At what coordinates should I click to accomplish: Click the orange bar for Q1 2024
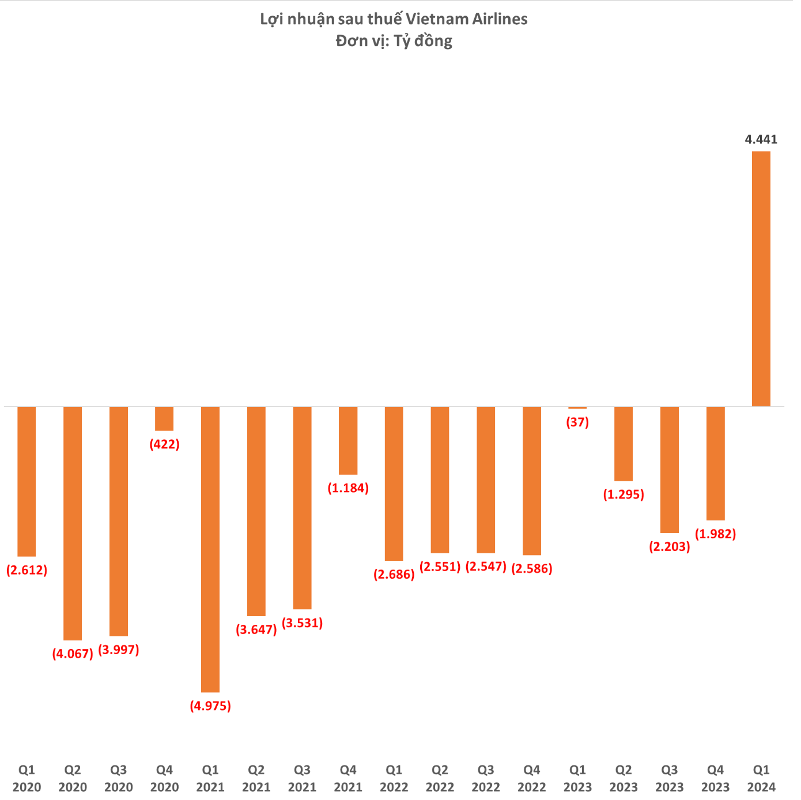(x=761, y=279)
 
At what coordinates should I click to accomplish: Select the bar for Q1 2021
(x=210, y=549)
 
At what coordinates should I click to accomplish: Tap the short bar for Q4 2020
(x=164, y=419)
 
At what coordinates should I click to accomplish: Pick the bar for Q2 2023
(x=624, y=444)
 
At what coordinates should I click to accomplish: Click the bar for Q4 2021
(x=348, y=440)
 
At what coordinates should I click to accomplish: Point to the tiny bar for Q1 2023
(x=577, y=407)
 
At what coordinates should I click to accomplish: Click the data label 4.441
(x=761, y=139)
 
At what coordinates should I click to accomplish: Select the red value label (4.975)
(x=210, y=706)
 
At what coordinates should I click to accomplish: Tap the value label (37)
(x=577, y=422)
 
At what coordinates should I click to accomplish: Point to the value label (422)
(x=164, y=444)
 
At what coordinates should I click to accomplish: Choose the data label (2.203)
(x=670, y=547)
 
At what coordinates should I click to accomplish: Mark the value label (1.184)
(x=348, y=488)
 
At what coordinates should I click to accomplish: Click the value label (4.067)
(x=73, y=654)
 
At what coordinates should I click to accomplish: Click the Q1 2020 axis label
(x=27, y=779)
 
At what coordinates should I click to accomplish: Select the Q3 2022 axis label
(x=486, y=779)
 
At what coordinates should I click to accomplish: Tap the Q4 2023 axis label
(x=715, y=779)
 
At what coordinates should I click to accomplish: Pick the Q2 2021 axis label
(x=256, y=779)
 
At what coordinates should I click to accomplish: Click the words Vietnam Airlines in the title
(x=466, y=19)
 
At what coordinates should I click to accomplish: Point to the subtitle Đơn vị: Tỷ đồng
(x=394, y=41)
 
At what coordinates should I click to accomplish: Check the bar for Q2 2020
(x=73, y=523)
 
